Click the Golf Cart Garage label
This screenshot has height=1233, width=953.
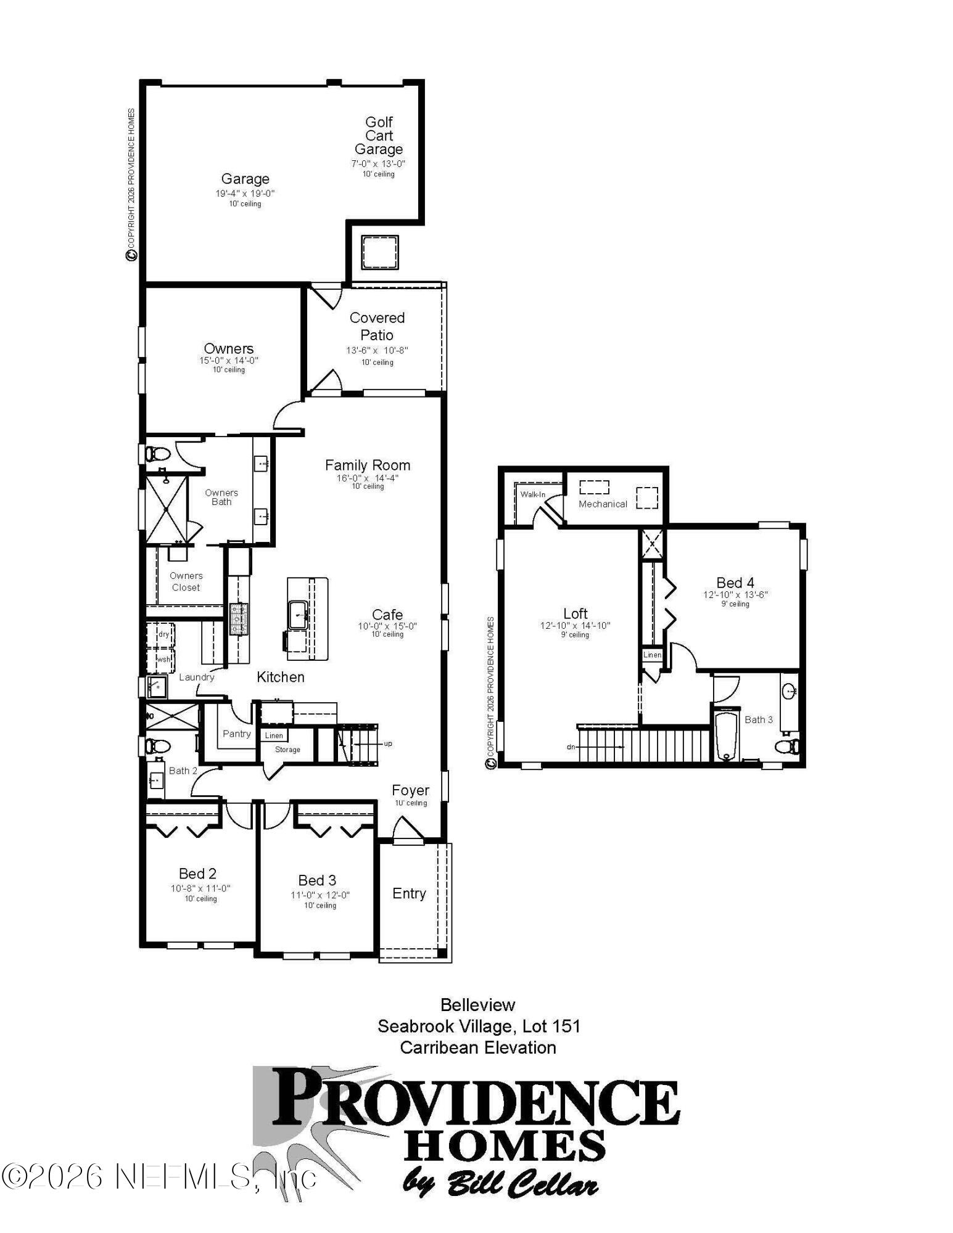click(x=378, y=136)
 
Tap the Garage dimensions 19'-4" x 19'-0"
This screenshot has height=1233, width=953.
click(x=245, y=194)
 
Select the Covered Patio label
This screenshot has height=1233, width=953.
click(x=377, y=326)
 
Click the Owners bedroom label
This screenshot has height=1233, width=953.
click(x=228, y=348)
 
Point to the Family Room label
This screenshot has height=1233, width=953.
click(x=368, y=465)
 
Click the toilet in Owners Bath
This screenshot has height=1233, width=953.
click(x=157, y=454)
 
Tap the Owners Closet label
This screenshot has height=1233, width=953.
click(x=186, y=581)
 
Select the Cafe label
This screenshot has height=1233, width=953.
click(x=387, y=615)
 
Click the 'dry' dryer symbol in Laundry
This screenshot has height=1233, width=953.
click(x=163, y=634)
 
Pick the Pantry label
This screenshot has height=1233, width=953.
click(x=236, y=734)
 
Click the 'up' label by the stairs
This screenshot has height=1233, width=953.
click(x=387, y=743)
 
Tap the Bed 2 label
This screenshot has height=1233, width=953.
click(x=197, y=874)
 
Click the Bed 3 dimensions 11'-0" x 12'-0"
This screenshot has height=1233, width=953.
click(x=320, y=895)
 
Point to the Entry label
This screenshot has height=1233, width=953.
click(x=409, y=893)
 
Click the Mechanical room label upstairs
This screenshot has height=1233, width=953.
click(x=602, y=504)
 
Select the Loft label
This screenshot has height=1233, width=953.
click(x=575, y=613)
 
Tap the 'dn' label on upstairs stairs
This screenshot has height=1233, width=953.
click(x=571, y=747)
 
